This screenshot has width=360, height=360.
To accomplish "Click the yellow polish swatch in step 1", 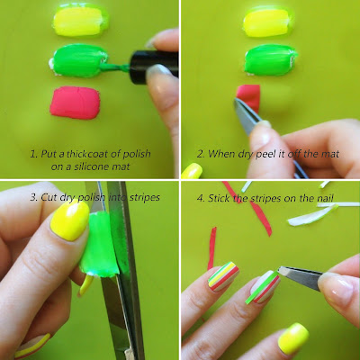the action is [80, 21].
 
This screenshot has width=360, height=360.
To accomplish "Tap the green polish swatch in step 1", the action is [78, 60].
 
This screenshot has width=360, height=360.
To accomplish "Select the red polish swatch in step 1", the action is [75, 103].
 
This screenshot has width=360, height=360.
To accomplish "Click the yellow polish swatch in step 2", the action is [266, 23].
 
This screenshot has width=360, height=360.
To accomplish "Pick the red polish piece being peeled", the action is [249, 97].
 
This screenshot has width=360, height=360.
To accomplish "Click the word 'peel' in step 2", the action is [265, 155].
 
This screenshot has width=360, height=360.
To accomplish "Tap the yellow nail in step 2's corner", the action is [192, 171].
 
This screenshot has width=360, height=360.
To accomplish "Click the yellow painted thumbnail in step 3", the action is [70, 220].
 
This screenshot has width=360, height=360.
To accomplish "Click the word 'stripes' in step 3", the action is [145, 197].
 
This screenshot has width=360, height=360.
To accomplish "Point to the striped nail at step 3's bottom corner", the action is [32, 346].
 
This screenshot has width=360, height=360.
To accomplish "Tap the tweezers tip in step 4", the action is [280, 270].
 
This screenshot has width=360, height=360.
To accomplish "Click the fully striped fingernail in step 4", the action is [223, 276].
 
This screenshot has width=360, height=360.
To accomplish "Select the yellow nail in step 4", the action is [293, 338].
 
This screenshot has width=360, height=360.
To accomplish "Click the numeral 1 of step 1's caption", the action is [33, 154].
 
